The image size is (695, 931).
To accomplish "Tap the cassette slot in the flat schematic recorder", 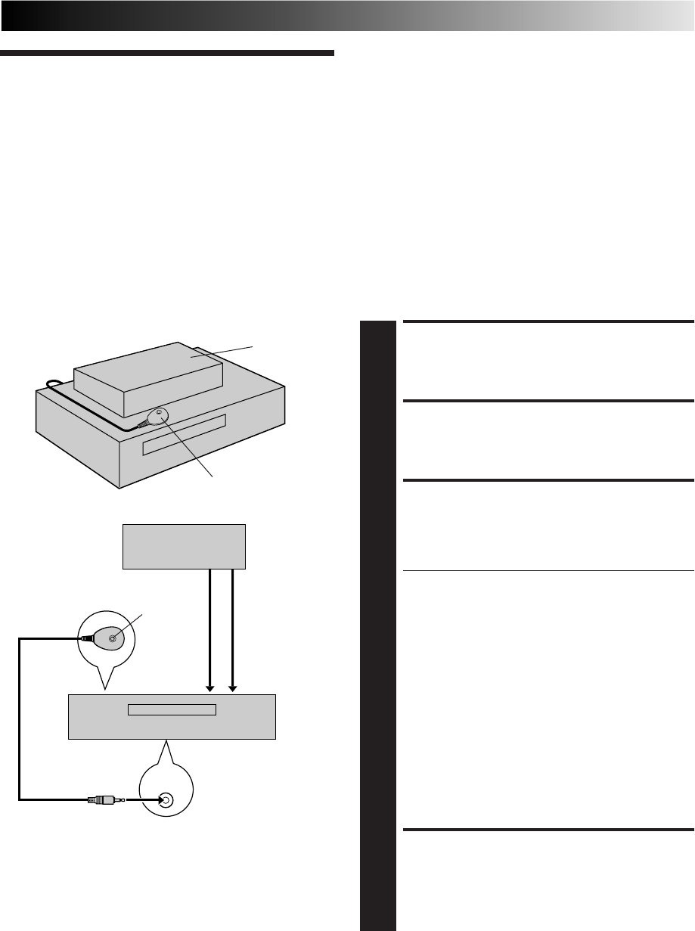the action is click(172, 709).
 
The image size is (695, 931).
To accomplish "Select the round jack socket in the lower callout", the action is click(165, 799).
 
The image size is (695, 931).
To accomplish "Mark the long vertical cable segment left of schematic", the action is click(20, 718).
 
